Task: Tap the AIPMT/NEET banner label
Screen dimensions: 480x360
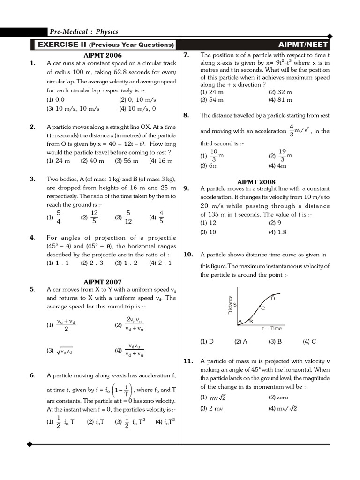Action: (x=303, y=45)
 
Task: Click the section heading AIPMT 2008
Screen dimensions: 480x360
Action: (x=256, y=181)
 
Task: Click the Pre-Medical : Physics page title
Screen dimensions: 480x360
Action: (x=83, y=32)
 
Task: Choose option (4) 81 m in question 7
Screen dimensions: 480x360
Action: (x=280, y=100)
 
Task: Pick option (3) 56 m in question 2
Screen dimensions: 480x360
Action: (x=127, y=161)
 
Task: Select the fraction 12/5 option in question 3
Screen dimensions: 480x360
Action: (x=90, y=217)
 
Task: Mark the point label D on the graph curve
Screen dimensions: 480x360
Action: (x=273, y=299)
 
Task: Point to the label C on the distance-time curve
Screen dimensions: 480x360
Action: (x=262, y=308)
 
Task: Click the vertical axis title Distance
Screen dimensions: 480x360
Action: (x=230, y=305)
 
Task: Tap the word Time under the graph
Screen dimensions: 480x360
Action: (x=276, y=329)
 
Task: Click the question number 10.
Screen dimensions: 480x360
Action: (x=188, y=255)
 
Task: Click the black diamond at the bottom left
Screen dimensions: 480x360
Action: (x=30, y=444)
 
